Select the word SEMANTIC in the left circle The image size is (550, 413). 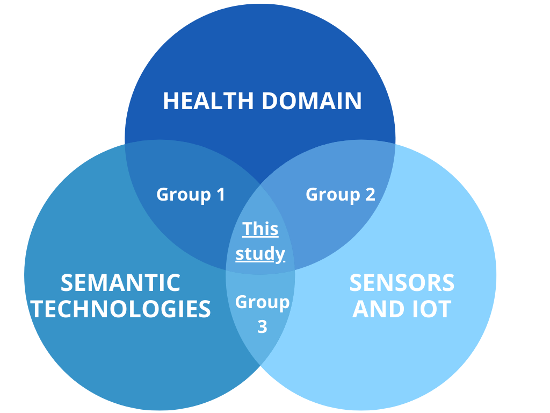coord(120,283)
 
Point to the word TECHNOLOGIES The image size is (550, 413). coord(120,309)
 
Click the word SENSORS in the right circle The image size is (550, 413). coord(402,283)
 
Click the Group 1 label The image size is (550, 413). coord(191,194)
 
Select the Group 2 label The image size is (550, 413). coord(341,194)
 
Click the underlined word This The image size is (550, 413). coord(260,229)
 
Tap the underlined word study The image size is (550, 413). coord(260,253)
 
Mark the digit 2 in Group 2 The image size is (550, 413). coord(369,194)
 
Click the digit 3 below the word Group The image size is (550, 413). coord(262,326)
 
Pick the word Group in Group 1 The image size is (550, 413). coord(181,195)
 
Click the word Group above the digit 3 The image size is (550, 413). coord(262,302)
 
